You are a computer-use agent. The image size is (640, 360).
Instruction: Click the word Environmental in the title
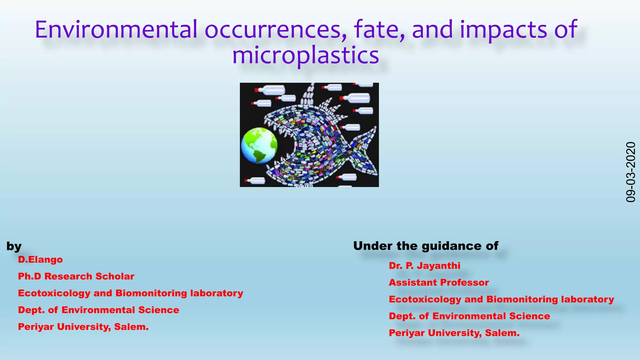pos(116,30)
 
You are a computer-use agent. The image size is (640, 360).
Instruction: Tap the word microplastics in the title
pos(305,55)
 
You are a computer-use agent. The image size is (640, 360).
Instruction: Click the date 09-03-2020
pos(631,172)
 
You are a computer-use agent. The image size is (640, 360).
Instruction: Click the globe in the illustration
pos(259,145)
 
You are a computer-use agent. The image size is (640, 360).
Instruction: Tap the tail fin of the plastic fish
pos(364,150)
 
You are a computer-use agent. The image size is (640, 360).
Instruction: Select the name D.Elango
pos(40,260)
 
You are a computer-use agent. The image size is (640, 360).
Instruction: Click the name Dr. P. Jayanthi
pos(424,266)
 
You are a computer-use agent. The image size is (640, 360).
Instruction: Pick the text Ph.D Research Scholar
pos(76,277)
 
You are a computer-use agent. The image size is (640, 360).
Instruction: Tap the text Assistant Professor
pos(438,283)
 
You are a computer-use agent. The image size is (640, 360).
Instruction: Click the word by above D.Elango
pos(14,247)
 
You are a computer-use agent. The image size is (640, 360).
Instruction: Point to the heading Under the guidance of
pos(426,246)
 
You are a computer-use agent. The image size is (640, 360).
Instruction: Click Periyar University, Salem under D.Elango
pos(83,327)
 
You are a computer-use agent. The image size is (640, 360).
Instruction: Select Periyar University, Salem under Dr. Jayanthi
pos(454,333)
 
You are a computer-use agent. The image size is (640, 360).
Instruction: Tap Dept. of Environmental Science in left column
pos(98,310)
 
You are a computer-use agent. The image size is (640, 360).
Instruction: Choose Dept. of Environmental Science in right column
pos(469,316)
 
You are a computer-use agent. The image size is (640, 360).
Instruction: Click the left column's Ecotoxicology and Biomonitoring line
pos(130,293)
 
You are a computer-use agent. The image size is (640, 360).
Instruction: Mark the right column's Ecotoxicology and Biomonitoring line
pos(501,299)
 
